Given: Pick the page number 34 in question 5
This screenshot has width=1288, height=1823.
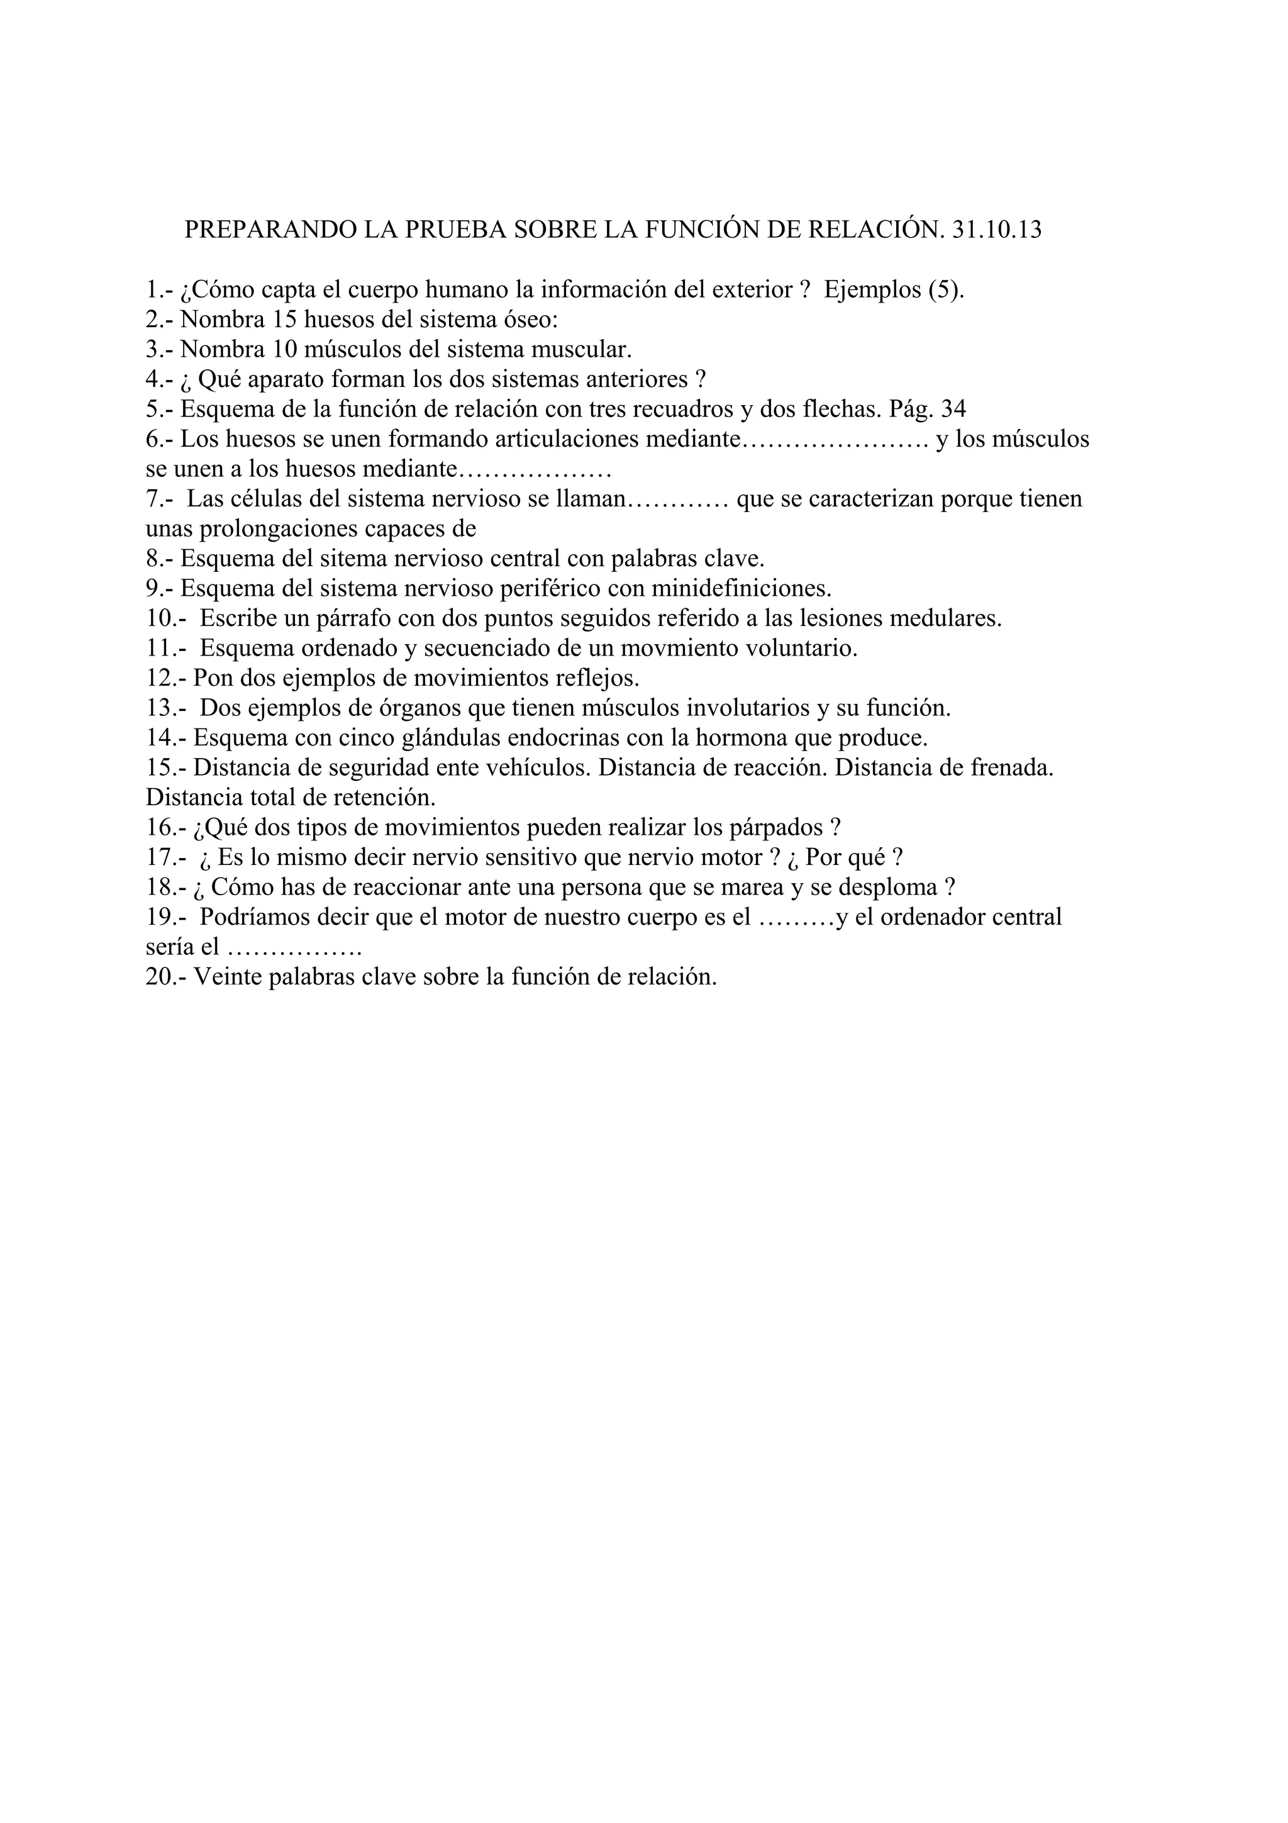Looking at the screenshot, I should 952,410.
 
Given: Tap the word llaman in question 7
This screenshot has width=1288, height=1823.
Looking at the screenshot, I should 588,499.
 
